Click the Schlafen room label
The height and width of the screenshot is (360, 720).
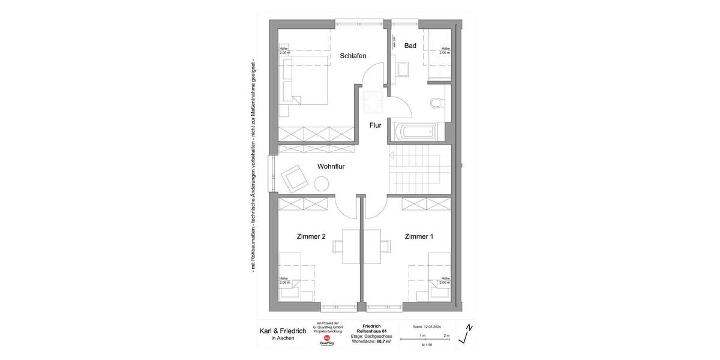click(x=353, y=56)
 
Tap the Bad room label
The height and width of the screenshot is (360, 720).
click(x=410, y=46)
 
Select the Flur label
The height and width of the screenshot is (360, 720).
click(x=376, y=125)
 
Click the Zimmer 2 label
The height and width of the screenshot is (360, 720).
click(x=311, y=237)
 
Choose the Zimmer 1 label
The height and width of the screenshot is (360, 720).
click(x=418, y=237)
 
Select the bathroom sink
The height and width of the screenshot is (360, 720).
click(x=403, y=68)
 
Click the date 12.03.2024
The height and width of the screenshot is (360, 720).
click(x=427, y=327)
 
